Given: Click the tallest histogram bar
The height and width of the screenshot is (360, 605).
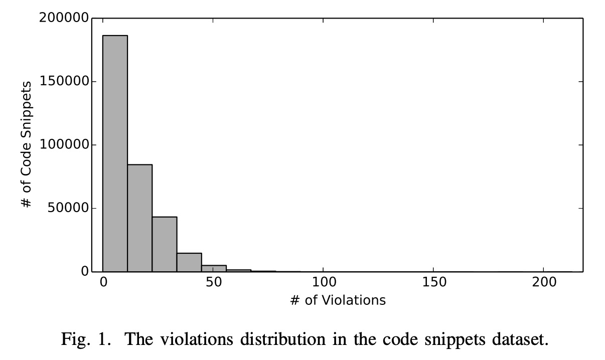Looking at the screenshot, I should coord(115,153).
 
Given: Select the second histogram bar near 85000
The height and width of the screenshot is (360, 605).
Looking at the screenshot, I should coord(139,218).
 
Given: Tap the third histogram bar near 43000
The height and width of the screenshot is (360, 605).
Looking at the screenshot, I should coord(165,244).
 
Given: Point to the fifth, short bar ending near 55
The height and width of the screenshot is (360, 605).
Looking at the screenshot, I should coord(214,268).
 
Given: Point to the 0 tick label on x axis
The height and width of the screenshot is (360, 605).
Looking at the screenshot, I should coord(103,282).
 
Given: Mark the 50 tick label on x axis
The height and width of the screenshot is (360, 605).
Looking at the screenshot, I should coord(213,282).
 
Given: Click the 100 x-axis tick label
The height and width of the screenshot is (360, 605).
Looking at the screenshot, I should coord(324,282).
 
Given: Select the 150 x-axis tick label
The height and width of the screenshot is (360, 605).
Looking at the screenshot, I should coord(434,282).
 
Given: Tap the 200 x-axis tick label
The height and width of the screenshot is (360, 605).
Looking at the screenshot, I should coord(544,282).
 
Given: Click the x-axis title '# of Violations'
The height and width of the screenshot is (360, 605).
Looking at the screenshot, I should coord(338,300).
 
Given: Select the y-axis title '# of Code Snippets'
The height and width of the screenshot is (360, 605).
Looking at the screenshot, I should coord(27,144).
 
